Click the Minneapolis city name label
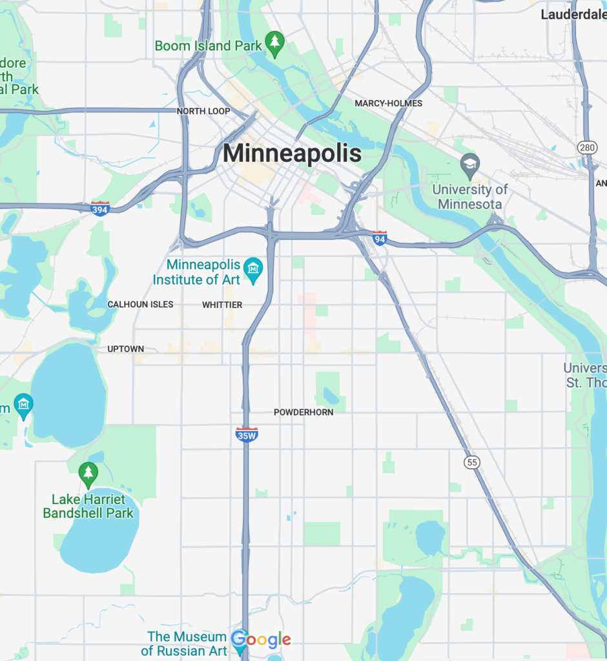(292, 154)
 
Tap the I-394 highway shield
(100, 208)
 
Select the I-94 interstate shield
(380, 238)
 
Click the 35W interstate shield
(247, 434)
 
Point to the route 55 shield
(473, 462)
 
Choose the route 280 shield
(586, 148)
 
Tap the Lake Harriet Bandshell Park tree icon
(88, 475)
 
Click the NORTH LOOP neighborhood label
(203, 111)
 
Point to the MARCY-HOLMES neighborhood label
(388, 103)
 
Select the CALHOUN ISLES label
(140, 304)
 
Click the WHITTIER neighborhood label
(222, 305)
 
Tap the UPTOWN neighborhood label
(126, 349)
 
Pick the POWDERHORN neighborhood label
(303, 412)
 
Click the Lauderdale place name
(573, 14)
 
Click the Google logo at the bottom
(261, 640)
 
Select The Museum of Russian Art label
(187, 644)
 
